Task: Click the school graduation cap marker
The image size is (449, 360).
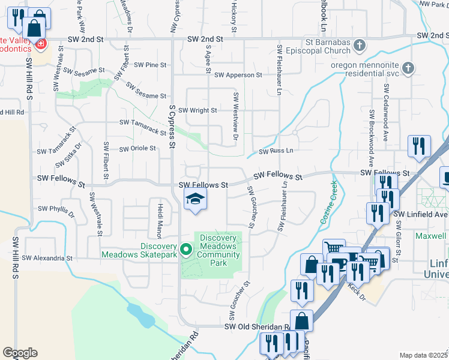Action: click(195, 199)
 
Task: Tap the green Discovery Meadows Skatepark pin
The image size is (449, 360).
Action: click(185, 248)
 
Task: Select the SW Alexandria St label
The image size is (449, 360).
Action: click(47, 258)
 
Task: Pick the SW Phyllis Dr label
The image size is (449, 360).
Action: click(56, 210)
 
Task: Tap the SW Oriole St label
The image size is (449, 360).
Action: click(137, 148)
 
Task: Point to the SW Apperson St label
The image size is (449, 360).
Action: click(238, 75)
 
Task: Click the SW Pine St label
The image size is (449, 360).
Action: click(150, 64)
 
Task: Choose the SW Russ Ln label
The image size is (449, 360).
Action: click(276, 151)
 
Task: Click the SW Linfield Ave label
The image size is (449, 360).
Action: click(421, 214)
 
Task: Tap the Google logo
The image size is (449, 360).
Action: click(20, 353)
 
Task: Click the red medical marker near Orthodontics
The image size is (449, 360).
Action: click(40, 44)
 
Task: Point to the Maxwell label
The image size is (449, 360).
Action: click(433, 236)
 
